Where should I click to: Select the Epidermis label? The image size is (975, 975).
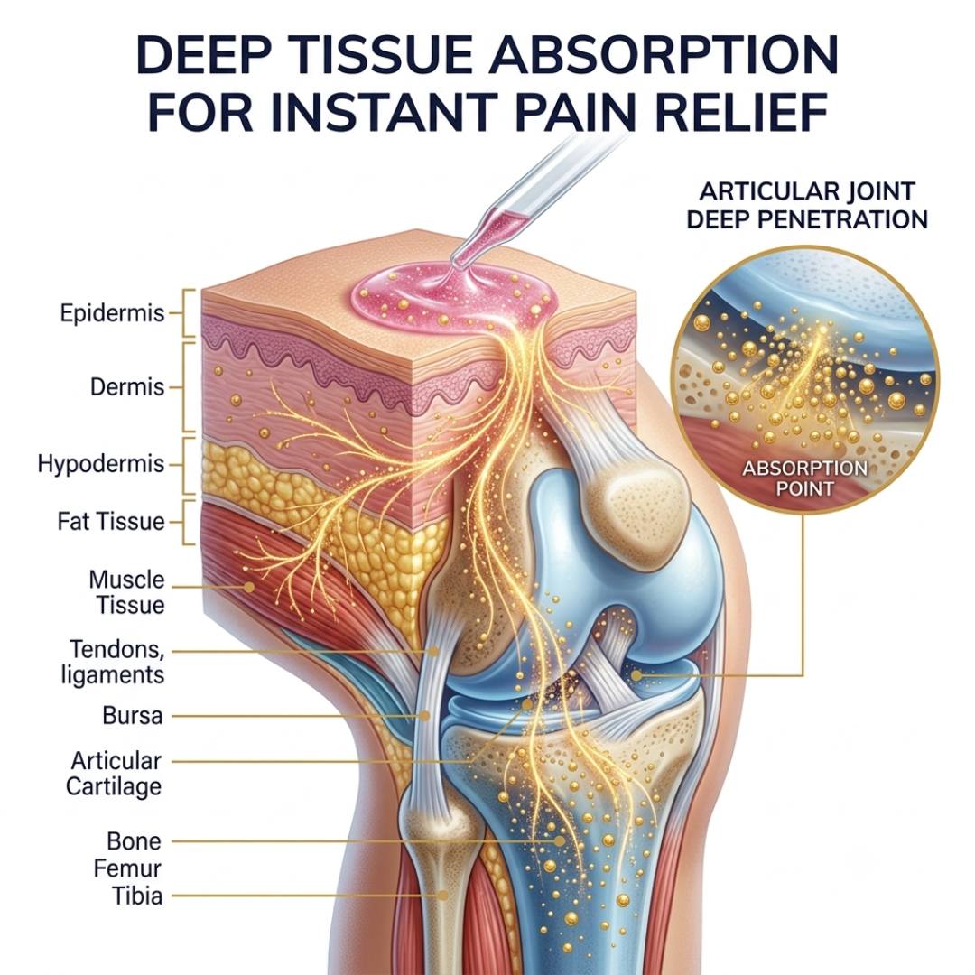pyautogui.click(x=113, y=312)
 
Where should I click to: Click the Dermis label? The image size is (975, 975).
pyautogui.click(x=127, y=386)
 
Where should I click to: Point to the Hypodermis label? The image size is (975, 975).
pyautogui.click(x=101, y=465)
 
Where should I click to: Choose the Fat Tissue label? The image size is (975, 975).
pyautogui.click(x=111, y=521)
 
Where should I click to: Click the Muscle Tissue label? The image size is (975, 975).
pyautogui.click(x=128, y=592)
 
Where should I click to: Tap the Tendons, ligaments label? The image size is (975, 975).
pyautogui.click(x=114, y=662)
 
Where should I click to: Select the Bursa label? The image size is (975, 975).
pyautogui.click(x=133, y=716)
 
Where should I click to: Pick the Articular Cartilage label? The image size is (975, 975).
pyautogui.click(x=115, y=774)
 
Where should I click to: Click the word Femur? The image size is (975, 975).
pyautogui.click(x=127, y=868)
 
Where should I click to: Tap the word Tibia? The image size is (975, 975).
pyautogui.click(x=137, y=896)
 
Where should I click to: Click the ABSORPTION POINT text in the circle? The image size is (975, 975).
pyautogui.click(x=804, y=478)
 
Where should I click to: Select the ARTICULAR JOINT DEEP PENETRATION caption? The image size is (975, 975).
pyautogui.click(x=807, y=205)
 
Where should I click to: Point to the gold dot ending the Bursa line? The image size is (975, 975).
pyautogui.click(x=424, y=716)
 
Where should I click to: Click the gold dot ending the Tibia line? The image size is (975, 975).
pyautogui.click(x=442, y=896)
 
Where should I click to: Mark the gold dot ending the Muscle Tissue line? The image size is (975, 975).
pyautogui.click(x=249, y=587)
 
